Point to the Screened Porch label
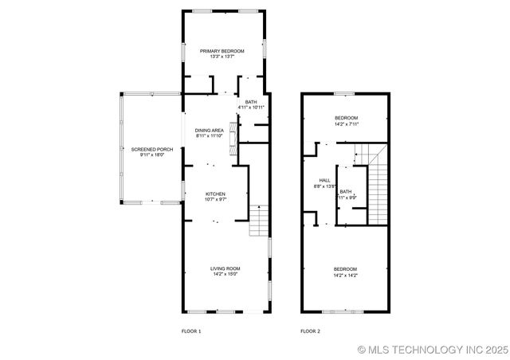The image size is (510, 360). [x=152, y=149]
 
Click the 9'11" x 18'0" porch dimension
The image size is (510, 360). [x=152, y=155]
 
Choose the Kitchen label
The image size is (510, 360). [x=215, y=194]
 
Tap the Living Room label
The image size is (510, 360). [x=226, y=268]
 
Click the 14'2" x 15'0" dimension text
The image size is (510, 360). [x=226, y=275]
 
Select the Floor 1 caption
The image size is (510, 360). [x=192, y=331]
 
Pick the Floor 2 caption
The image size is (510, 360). [x=310, y=331]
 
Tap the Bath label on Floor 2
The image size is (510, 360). [x=345, y=191]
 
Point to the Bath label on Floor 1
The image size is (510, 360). [x=251, y=101]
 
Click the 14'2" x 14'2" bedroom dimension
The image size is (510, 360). [x=345, y=276]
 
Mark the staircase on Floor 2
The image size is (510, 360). [x=377, y=183]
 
